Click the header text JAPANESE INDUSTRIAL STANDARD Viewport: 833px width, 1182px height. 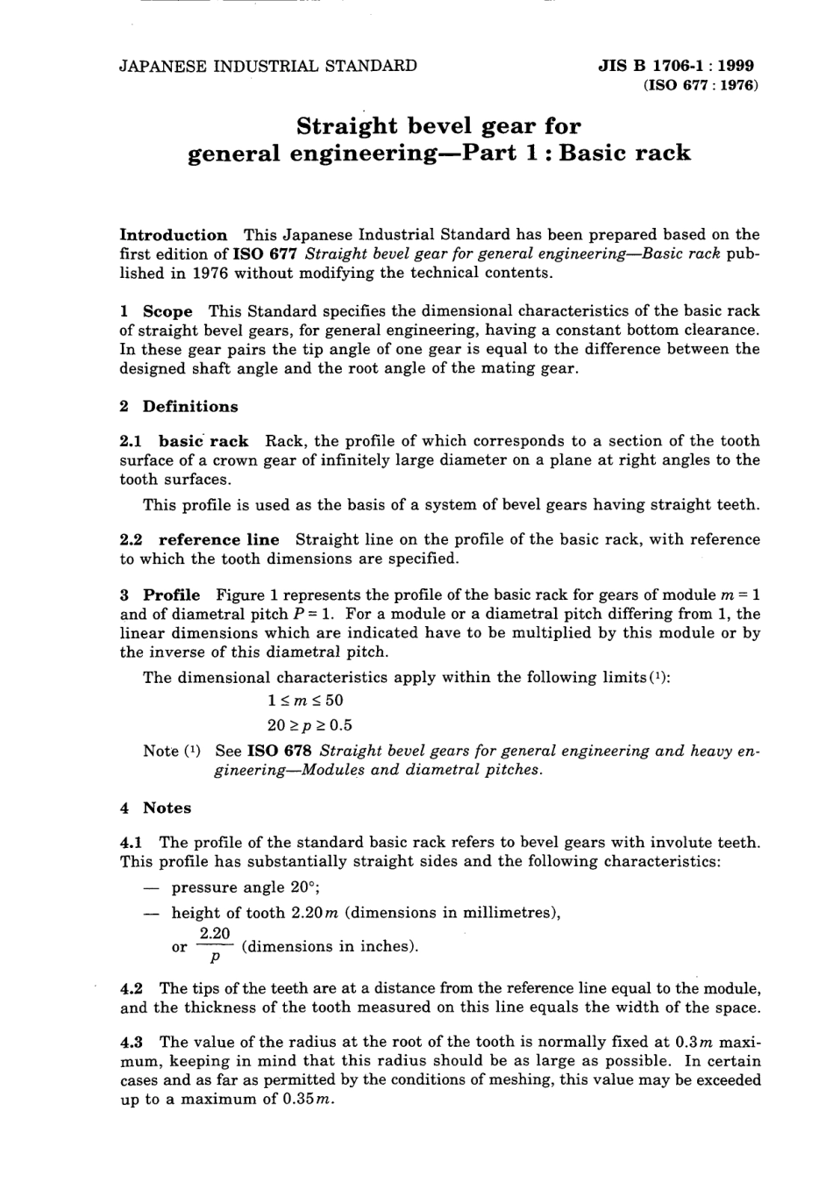click(268, 66)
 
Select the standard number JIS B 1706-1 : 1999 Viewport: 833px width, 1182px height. click(676, 66)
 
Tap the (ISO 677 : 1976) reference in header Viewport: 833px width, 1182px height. click(700, 86)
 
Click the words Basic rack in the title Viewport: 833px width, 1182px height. click(624, 153)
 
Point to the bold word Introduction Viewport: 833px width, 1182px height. click(173, 235)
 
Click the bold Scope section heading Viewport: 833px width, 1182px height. click(167, 311)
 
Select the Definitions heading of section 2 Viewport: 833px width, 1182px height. click(190, 407)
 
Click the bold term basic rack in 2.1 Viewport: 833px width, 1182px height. click(203, 441)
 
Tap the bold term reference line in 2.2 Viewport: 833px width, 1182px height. click(218, 540)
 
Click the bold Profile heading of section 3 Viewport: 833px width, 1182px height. click(171, 595)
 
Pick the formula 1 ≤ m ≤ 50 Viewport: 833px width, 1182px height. click(305, 701)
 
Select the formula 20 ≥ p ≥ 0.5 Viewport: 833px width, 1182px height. click(310, 725)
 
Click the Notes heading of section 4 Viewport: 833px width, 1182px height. click(167, 808)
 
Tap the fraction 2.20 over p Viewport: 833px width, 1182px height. click(214, 946)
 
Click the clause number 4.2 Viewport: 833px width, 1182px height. click(132, 989)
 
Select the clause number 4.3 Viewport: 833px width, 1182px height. click(132, 1043)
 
